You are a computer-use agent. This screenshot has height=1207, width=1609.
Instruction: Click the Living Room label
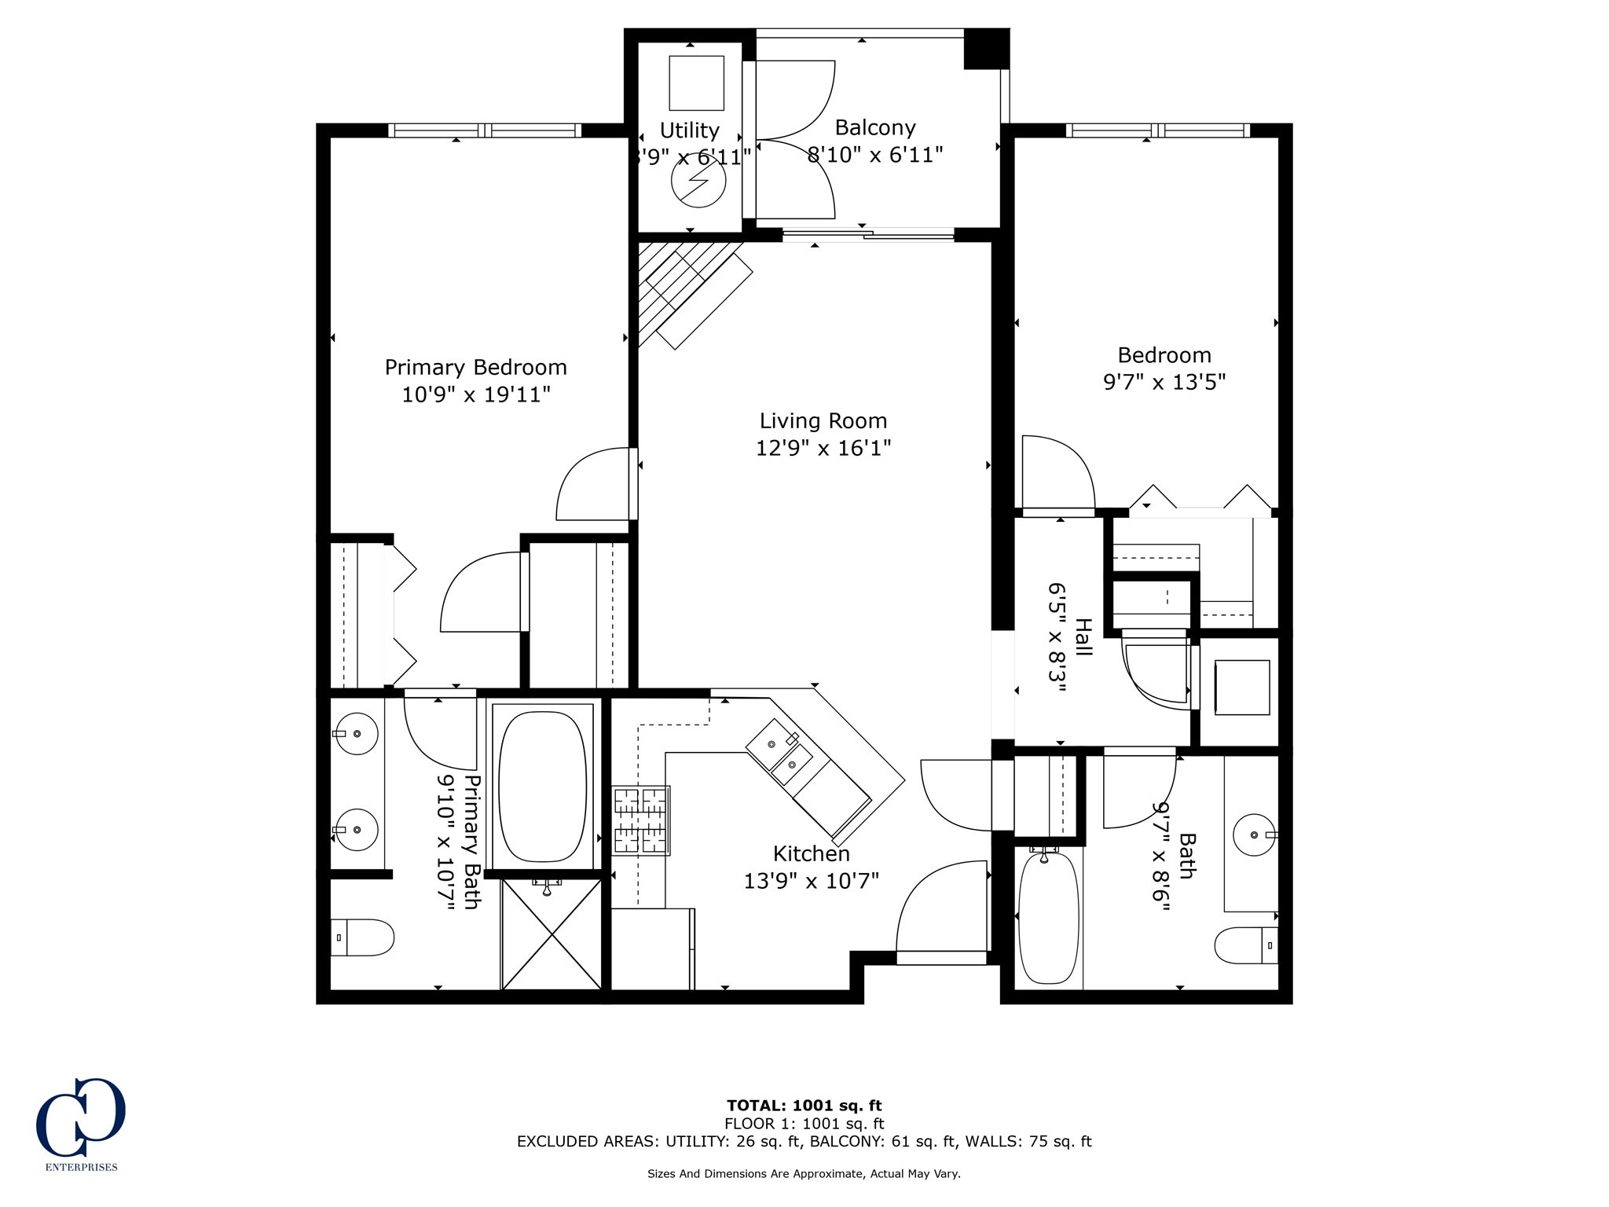(823, 421)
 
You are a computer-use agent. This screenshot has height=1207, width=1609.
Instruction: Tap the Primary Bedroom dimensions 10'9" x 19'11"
(475, 394)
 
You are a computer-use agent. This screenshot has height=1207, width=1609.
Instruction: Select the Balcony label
(874, 127)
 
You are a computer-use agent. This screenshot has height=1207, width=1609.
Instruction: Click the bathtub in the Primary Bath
(543, 787)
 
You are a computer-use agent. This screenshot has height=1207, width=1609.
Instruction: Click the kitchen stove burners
(641, 820)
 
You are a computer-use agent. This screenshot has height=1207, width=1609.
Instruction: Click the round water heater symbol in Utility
(698, 181)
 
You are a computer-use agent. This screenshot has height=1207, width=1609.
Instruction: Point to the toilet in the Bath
(1246, 945)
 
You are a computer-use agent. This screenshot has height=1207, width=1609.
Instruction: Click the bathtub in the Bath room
(1048, 917)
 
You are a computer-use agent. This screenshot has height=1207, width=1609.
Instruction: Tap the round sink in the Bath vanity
(1255, 835)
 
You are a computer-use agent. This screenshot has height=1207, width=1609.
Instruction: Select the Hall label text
(1083, 637)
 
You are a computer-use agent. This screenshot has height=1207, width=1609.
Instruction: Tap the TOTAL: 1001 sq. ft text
(804, 1106)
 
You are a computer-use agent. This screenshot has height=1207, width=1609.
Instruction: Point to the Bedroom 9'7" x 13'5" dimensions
(1164, 382)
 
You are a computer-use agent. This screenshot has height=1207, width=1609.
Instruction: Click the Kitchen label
(811, 853)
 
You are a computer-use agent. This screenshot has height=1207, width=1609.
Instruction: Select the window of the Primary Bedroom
(485, 130)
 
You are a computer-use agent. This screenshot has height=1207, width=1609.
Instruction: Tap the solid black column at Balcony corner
(985, 49)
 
